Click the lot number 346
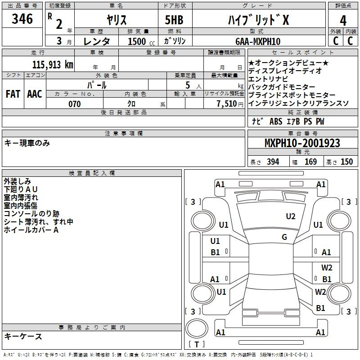pos(22,19)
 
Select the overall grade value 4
pos(343,21)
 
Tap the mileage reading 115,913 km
pos(53,64)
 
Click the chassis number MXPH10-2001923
pos(302,143)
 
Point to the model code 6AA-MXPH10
pos(258,41)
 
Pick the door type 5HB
pos(174,20)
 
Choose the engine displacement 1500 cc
pos(141,41)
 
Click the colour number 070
pos(75,104)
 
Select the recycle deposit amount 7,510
pos(227,104)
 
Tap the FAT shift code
pos(13,94)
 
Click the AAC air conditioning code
pos(35,94)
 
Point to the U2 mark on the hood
pos(291,216)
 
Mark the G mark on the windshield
pos(284,237)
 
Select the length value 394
pos(273,162)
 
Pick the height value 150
pos(346,162)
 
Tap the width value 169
pos(310,162)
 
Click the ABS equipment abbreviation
pos(276,121)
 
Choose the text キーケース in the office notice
pos(23,337)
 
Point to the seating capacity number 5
pos(188,85)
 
